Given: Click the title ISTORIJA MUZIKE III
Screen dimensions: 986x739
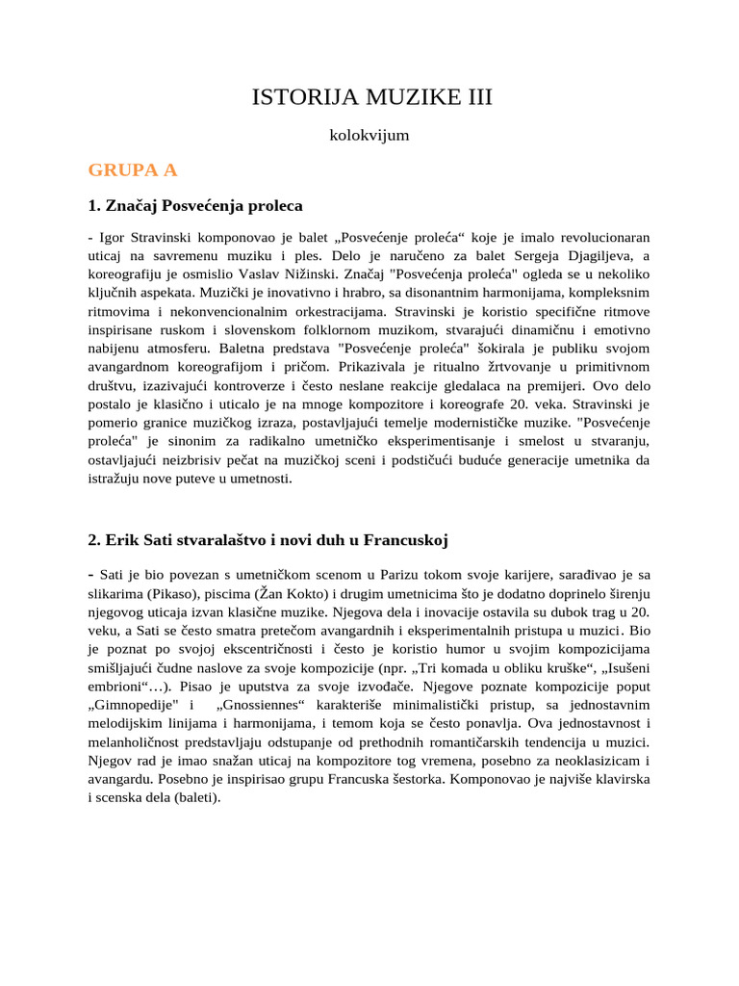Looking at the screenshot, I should coord(369,96).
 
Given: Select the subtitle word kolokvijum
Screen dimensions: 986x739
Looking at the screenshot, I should coord(369,136).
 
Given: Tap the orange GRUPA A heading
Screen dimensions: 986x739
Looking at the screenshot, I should coord(133,170).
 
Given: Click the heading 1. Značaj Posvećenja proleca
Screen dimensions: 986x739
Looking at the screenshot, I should coord(195,205).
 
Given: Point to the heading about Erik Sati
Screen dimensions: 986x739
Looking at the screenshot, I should coord(268,539).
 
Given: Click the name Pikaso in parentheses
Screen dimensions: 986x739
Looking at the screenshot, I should coord(168,594).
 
